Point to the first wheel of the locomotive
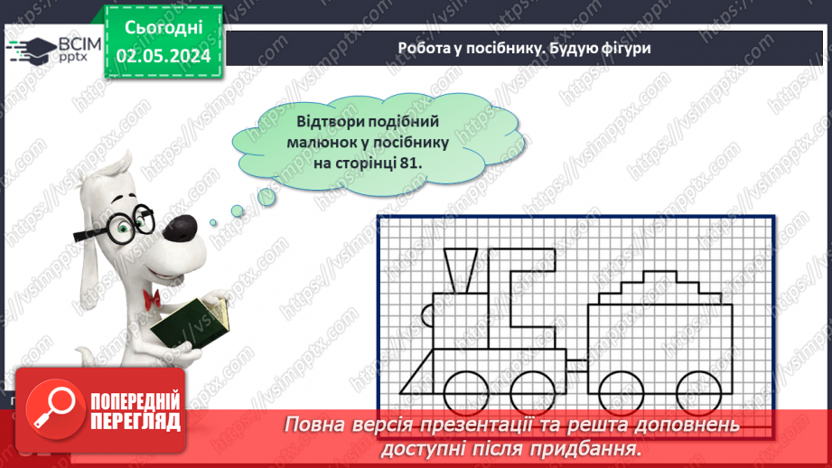point(463,391)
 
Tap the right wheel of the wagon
point(704,391)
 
